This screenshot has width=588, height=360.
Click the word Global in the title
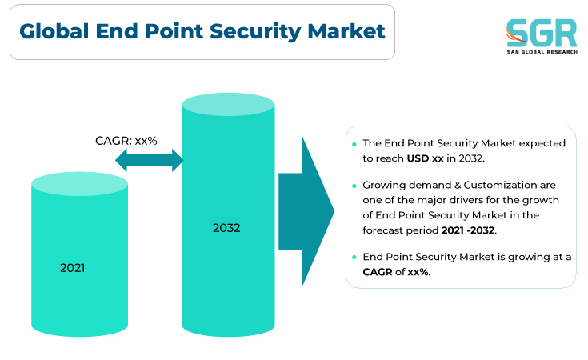pyautogui.click(x=54, y=31)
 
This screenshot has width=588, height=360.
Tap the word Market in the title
pyautogui.click(x=346, y=31)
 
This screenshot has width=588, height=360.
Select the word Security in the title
pyautogui.click(x=255, y=32)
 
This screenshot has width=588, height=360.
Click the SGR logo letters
pyautogui.click(x=542, y=33)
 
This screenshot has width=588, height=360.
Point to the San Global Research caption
pyautogui.click(x=542, y=52)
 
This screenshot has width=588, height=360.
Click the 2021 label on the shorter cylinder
pyautogui.click(x=72, y=268)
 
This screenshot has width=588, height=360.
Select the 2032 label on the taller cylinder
pyautogui.click(x=226, y=228)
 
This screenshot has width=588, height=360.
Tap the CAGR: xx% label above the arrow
pyautogui.click(x=126, y=141)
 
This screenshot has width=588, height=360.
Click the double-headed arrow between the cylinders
pyautogui.click(x=150, y=160)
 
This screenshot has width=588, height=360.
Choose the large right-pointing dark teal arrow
pyautogui.click(x=306, y=211)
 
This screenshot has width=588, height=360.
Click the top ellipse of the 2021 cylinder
pyautogui.click(x=79, y=184)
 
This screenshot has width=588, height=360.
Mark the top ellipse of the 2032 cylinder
pyautogui.click(x=228, y=104)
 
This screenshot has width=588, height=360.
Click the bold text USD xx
pyautogui.click(x=426, y=158)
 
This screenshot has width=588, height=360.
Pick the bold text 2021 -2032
pyautogui.click(x=468, y=230)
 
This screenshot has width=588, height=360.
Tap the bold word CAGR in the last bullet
pyautogui.click(x=378, y=272)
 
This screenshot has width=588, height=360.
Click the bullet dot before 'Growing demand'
pyautogui.click(x=354, y=186)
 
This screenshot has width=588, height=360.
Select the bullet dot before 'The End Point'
pyautogui.click(x=354, y=144)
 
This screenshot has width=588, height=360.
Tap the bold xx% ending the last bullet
pyautogui.click(x=418, y=272)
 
